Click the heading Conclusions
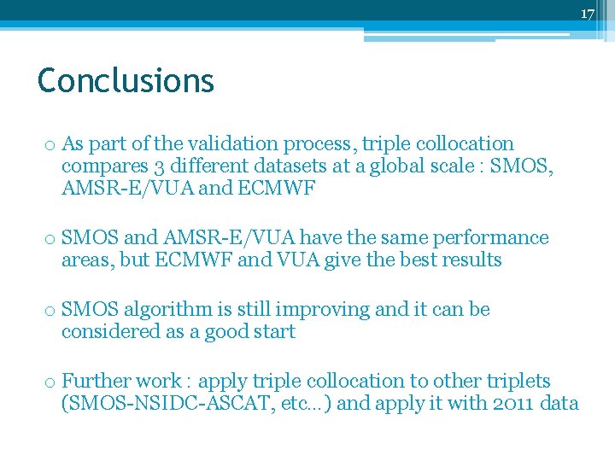[126, 81]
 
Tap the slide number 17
[587, 14]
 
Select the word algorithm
[163, 310]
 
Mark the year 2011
[515, 404]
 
